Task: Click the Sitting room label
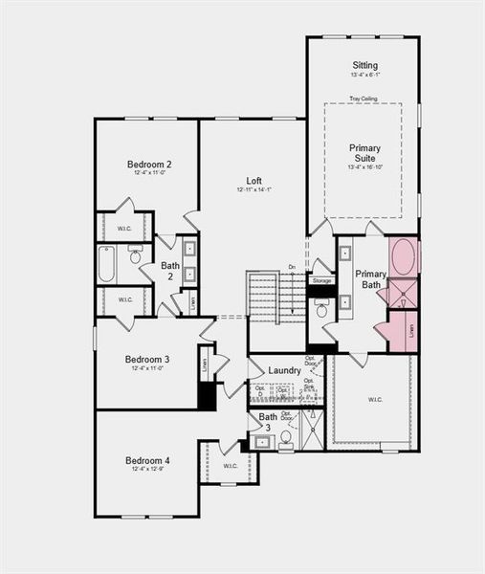click(364, 65)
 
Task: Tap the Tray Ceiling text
click(363, 98)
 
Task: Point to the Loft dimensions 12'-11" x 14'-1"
click(254, 190)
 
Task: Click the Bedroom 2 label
click(149, 165)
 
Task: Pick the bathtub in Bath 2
click(107, 263)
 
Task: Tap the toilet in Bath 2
click(135, 255)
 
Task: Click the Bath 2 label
click(170, 272)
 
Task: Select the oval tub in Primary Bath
click(404, 257)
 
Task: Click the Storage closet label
click(321, 281)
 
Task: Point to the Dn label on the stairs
click(292, 267)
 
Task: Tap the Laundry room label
click(285, 369)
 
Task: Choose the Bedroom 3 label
click(147, 360)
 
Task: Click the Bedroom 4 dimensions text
click(148, 469)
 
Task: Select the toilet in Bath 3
click(285, 438)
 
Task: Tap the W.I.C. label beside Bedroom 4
click(231, 466)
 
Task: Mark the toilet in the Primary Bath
click(322, 309)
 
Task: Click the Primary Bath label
click(370, 279)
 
